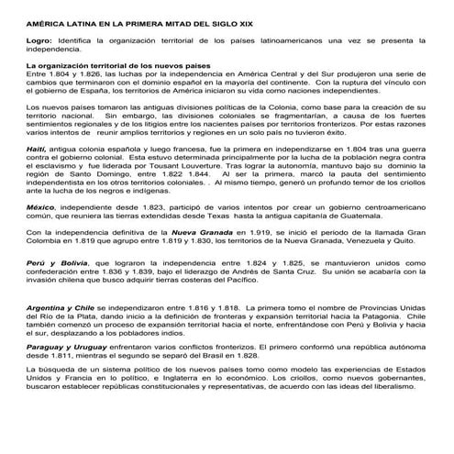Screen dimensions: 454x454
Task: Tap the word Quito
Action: (410, 244)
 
